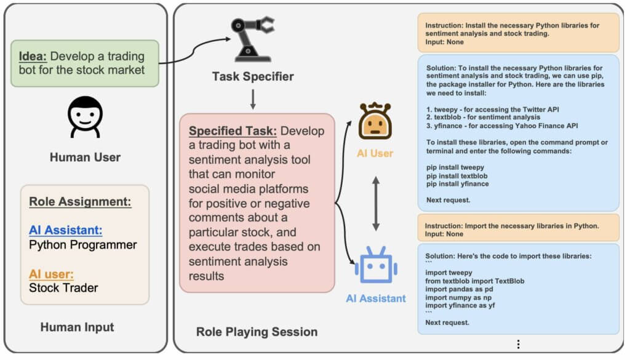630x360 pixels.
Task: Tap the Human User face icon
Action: [x=85, y=117]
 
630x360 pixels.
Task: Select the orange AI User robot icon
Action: [x=375, y=121]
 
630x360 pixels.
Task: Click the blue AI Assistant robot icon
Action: [x=375, y=266]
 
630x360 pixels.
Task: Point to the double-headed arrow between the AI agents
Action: [x=375, y=201]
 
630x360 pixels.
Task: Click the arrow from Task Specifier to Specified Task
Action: [x=253, y=98]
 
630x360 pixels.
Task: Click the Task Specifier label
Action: [x=253, y=77]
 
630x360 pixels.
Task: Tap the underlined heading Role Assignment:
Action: [x=80, y=202]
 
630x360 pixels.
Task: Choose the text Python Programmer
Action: [x=82, y=245]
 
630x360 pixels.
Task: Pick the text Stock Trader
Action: [x=63, y=287]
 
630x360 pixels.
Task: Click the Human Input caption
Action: [x=77, y=327]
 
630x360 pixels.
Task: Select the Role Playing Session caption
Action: [x=257, y=332]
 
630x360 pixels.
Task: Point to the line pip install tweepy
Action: [x=455, y=167]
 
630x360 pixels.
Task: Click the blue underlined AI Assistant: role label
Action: [x=65, y=230]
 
